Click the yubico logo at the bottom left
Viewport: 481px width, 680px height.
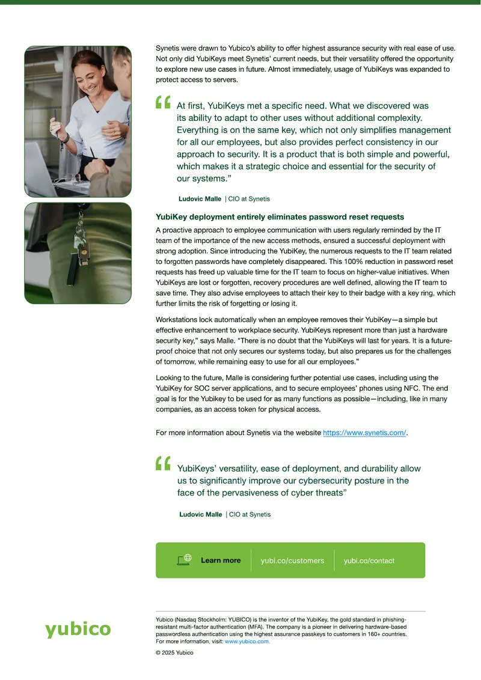pos(78,629)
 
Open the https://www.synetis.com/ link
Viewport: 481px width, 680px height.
pos(364,432)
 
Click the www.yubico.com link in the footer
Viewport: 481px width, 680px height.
pos(247,642)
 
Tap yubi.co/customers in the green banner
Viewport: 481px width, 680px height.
pos(292,561)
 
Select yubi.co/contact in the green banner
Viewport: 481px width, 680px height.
pos(369,561)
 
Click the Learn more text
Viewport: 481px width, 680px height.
pos(221,560)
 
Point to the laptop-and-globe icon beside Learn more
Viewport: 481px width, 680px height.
pos(185,560)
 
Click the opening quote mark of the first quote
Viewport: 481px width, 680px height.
pos(163,102)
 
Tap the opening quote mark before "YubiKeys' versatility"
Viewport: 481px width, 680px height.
pos(163,463)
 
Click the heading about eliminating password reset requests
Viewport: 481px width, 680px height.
pos(280,217)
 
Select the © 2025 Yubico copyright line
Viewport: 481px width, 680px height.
pos(174,653)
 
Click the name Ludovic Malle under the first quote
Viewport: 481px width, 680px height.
pos(200,198)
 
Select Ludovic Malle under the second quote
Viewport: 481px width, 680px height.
pos(201,514)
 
